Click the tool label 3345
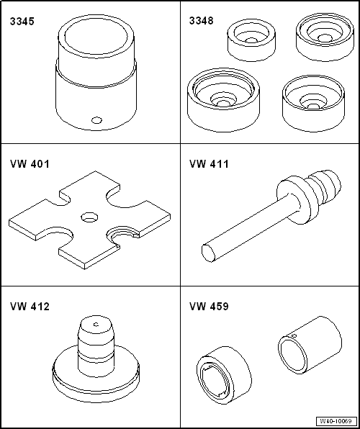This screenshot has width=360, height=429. [22, 22]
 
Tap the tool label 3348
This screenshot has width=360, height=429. [201, 21]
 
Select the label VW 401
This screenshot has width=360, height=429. [30, 164]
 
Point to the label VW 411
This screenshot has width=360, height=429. [209, 164]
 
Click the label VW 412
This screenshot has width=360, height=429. [30, 307]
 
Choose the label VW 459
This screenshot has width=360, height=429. [209, 307]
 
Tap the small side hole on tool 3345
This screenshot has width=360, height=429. [97, 120]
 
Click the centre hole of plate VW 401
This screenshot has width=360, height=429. [89, 217]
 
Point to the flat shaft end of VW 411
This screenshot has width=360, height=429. [208, 253]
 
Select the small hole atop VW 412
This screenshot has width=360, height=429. [96, 325]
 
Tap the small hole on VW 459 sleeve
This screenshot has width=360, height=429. [294, 335]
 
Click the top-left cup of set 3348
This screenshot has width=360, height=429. [251, 41]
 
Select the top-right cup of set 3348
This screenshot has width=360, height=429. [324, 37]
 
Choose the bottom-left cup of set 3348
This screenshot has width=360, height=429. [224, 100]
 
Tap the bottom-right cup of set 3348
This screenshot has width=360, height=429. [313, 104]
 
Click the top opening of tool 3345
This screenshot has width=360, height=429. [96, 35]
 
